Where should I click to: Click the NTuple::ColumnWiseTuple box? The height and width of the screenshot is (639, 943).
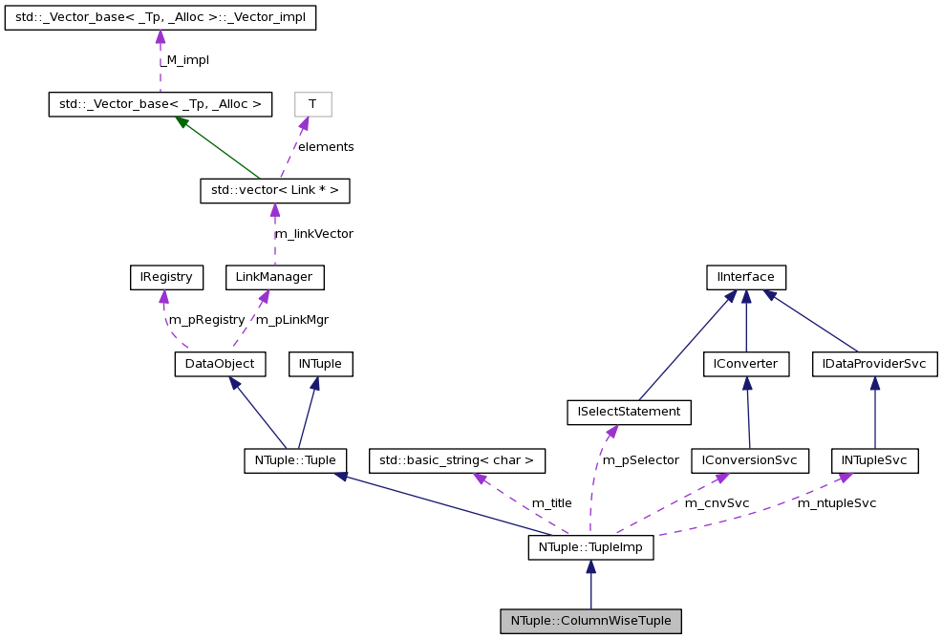[x=590, y=621]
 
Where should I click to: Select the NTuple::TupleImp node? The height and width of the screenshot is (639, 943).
[x=590, y=547]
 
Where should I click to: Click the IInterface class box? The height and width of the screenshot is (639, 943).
[x=745, y=278]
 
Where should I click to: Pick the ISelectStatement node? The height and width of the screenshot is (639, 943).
[x=629, y=412]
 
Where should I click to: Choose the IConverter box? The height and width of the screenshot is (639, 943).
[x=746, y=364]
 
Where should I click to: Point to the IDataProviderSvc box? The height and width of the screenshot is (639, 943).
[x=874, y=364]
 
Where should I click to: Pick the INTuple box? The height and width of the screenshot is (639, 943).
[x=321, y=364]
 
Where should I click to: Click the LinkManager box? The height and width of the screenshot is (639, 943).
[x=274, y=278]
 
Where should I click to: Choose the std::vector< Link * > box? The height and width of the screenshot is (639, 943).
[x=274, y=191]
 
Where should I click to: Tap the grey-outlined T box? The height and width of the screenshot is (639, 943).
[x=312, y=104]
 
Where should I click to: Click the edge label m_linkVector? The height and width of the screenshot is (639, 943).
[x=313, y=234]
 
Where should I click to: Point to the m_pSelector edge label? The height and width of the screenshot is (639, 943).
[x=639, y=460]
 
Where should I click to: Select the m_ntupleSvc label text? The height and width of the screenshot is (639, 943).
[x=836, y=503]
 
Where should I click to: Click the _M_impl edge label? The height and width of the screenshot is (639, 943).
[x=184, y=60]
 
